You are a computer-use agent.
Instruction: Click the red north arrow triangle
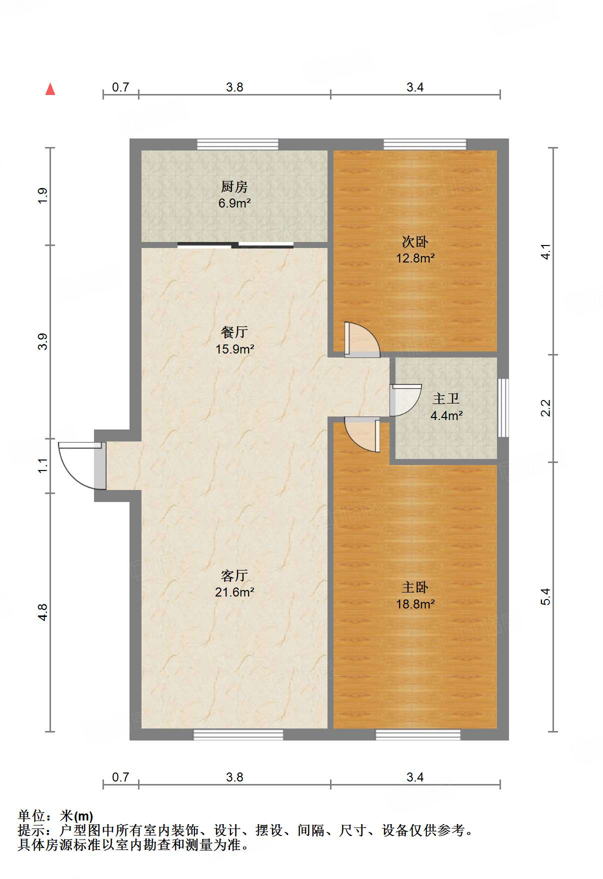(50, 89)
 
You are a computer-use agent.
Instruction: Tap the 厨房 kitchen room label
(234, 187)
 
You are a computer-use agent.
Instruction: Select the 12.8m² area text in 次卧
(415, 258)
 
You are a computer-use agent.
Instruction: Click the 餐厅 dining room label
(234, 332)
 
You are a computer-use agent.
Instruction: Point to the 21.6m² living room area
(234, 592)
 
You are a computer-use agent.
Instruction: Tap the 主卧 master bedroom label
(414, 587)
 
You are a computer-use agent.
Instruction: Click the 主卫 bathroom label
(445, 399)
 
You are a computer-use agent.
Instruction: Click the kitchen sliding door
(235, 245)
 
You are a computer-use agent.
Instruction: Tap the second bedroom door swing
(361, 340)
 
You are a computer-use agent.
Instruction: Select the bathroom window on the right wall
(503, 408)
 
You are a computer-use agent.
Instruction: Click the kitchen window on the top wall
(237, 144)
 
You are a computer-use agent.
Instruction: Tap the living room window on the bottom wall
(238, 734)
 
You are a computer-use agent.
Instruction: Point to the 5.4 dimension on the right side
(545, 596)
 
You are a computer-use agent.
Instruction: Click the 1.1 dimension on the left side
(43, 465)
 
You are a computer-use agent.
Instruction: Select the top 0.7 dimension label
(120, 87)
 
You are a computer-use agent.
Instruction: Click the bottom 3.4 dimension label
(415, 777)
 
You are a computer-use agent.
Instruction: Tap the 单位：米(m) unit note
(55, 816)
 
